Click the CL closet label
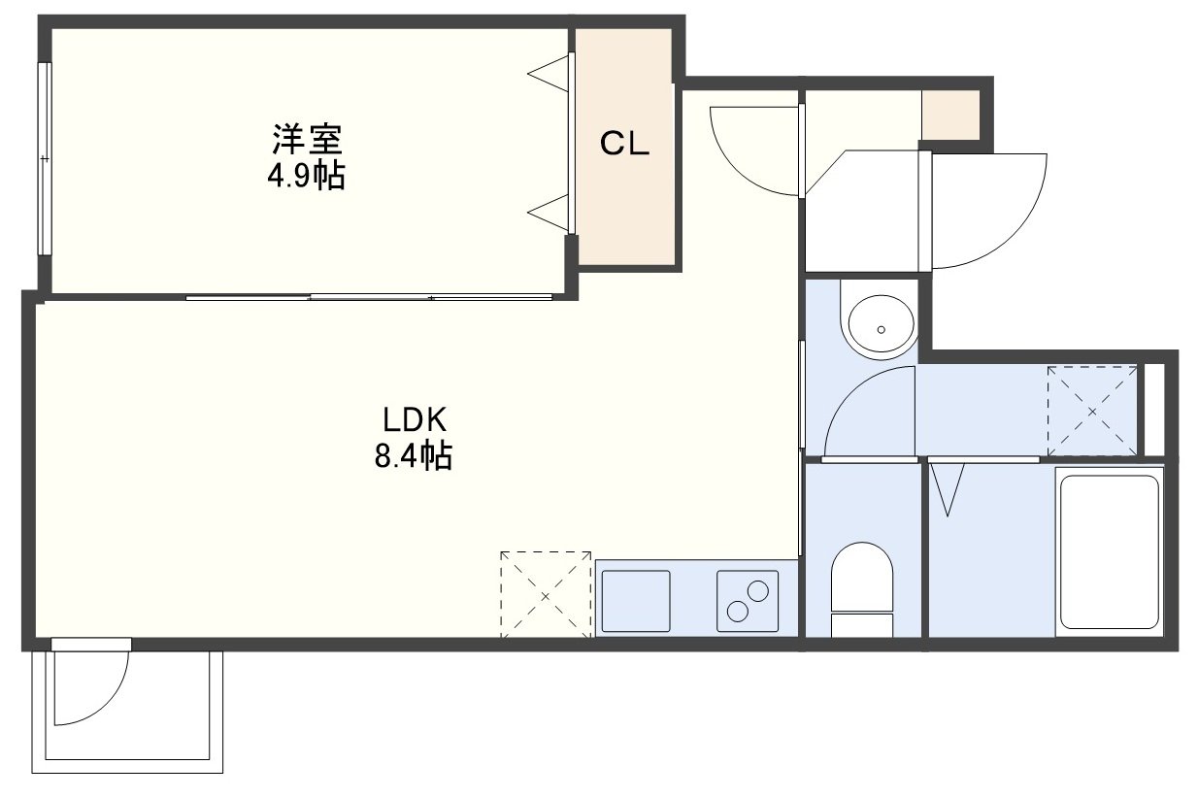click(x=624, y=144)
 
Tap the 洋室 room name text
click(x=307, y=139)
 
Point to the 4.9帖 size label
click(x=307, y=175)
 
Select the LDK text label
click(x=414, y=419)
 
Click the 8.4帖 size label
click(x=414, y=455)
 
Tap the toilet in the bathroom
click(x=861, y=589)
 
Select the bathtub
click(x=1110, y=552)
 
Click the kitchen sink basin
click(x=636, y=601)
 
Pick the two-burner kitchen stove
click(x=748, y=601)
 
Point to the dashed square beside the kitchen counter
click(x=546, y=595)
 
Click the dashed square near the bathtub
click(x=1092, y=412)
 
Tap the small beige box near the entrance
click(x=950, y=116)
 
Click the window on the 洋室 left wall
click(x=45, y=158)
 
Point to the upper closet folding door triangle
click(x=549, y=73)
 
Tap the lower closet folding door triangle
click(x=549, y=213)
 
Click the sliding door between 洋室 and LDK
click(x=369, y=297)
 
